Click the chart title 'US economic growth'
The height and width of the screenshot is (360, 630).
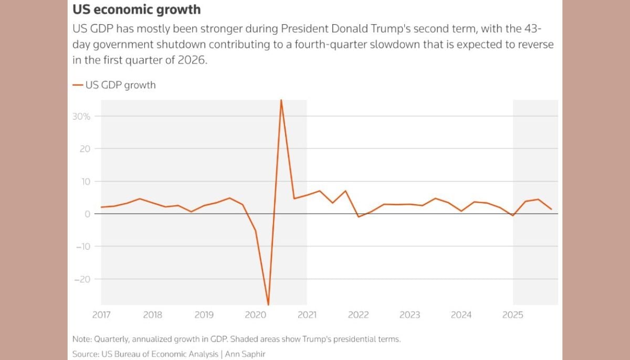(x=136, y=10)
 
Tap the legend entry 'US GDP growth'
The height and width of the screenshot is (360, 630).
(x=120, y=84)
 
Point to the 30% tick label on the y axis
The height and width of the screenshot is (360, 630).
(x=82, y=116)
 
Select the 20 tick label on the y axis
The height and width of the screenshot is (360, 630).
(x=85, y=149)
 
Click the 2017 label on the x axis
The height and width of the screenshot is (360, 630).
(x=101, y=315)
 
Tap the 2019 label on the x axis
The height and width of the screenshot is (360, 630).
(x=204, y=315)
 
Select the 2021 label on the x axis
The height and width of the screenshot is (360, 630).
(x=307, y=315)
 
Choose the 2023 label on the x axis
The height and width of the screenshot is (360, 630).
(x=410, y=315)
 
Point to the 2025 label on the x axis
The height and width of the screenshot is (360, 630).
(x=513, y=315)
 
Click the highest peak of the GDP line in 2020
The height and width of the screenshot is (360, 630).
(x=281, y=100)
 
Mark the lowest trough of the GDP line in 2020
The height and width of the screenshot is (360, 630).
(x=268, y=304)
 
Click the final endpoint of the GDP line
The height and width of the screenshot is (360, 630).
(x=551, y=209)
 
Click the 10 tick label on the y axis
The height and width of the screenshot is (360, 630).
(x=85, y=181)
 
